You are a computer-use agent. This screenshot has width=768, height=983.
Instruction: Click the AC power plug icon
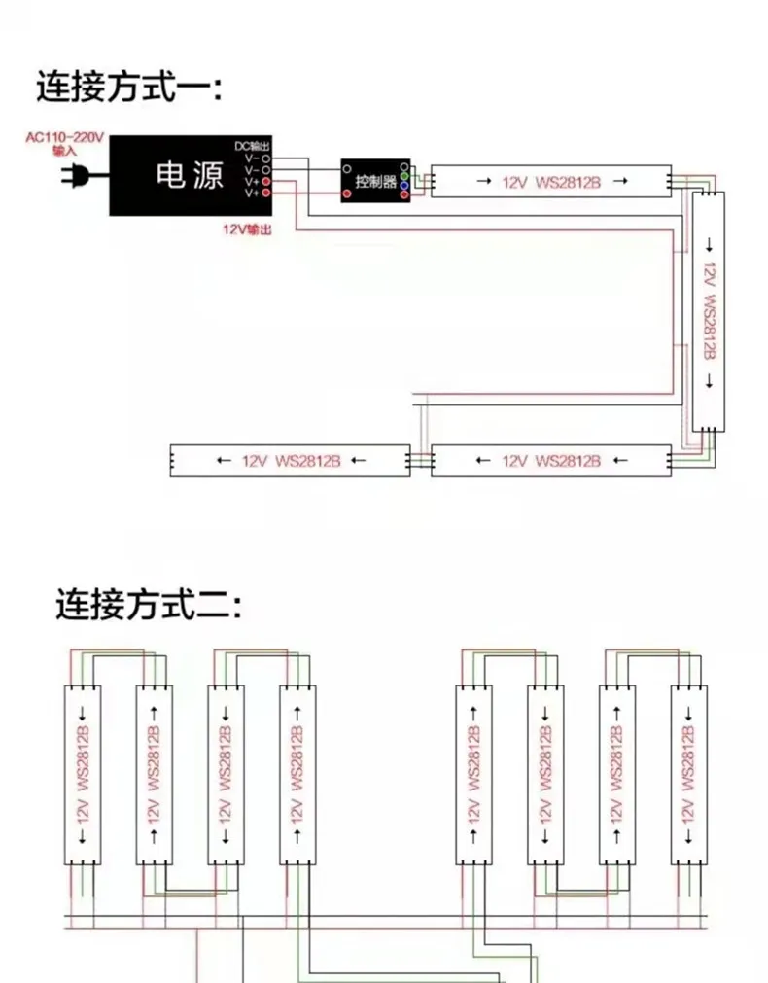tap(80, 175)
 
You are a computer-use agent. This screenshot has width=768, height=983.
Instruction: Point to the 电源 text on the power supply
tap(190, 175)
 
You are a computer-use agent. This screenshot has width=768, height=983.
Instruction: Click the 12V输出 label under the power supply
tap(247, 229)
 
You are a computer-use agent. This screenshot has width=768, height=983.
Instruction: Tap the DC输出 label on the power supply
tap(252, 146)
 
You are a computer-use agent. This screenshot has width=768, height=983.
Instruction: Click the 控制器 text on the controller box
tap(375, 182)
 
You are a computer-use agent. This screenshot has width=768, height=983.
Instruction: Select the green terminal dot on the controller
tap(404, 176)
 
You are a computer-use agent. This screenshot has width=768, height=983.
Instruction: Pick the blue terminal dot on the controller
tap(404, 186)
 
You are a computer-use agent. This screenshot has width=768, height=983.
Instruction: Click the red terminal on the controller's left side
tap(347, 193)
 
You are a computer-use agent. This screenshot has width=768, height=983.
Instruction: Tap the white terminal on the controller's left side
tap(347, 168)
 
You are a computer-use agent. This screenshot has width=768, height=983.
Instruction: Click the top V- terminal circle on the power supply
tap(265, 159)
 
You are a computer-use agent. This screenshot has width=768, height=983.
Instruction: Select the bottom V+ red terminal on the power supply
tap(265, 193)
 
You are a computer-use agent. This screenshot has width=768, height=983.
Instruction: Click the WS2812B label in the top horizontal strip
tap(568, 182)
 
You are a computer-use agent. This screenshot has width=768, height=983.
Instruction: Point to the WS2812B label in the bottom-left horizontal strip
tap(308, 461)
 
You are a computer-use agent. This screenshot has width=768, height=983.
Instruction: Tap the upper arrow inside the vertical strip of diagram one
tap(709, 245)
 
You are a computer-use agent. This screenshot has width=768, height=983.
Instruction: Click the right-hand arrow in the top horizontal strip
tap(620, 181)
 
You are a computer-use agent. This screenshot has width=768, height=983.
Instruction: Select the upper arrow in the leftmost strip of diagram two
tap(82, 714)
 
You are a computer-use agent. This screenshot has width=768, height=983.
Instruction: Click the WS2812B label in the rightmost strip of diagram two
tap(688, 757)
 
